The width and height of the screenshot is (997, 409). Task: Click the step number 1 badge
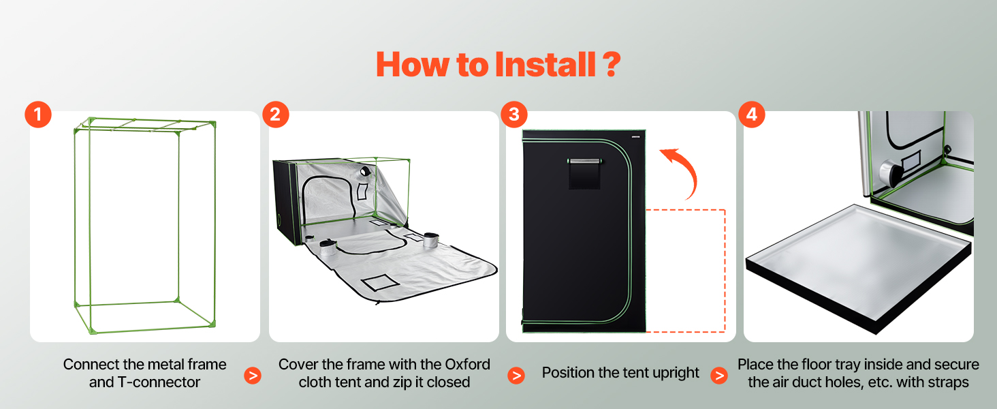click(x=38, y=115)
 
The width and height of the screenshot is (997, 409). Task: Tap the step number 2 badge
click(x=276, y=115)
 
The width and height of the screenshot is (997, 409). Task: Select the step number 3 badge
click(x=514, y=115)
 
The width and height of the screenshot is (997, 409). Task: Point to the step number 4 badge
click(x=752, y=115)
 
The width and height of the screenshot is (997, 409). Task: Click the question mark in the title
click(x=612, y=65)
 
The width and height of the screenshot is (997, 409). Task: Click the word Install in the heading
click(x=545, y=65)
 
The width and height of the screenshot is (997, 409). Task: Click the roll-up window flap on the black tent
click(x=584, y=173)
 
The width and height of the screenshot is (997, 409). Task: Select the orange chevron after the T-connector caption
click(x=253, y=376)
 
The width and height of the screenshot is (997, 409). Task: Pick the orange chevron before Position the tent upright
click(x=516, y=376)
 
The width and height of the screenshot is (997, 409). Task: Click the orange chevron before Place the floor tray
click(x=719, y=376)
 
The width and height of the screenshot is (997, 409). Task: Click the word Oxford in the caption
click(x=467, y=365)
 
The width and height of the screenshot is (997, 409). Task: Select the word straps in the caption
click(x=946, y=382)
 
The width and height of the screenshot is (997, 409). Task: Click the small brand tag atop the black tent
click(x=635, y=137)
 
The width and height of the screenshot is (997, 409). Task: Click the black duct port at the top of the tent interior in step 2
click(x=366, y=170)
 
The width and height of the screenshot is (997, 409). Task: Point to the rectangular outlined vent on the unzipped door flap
click(x=380, y=282)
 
